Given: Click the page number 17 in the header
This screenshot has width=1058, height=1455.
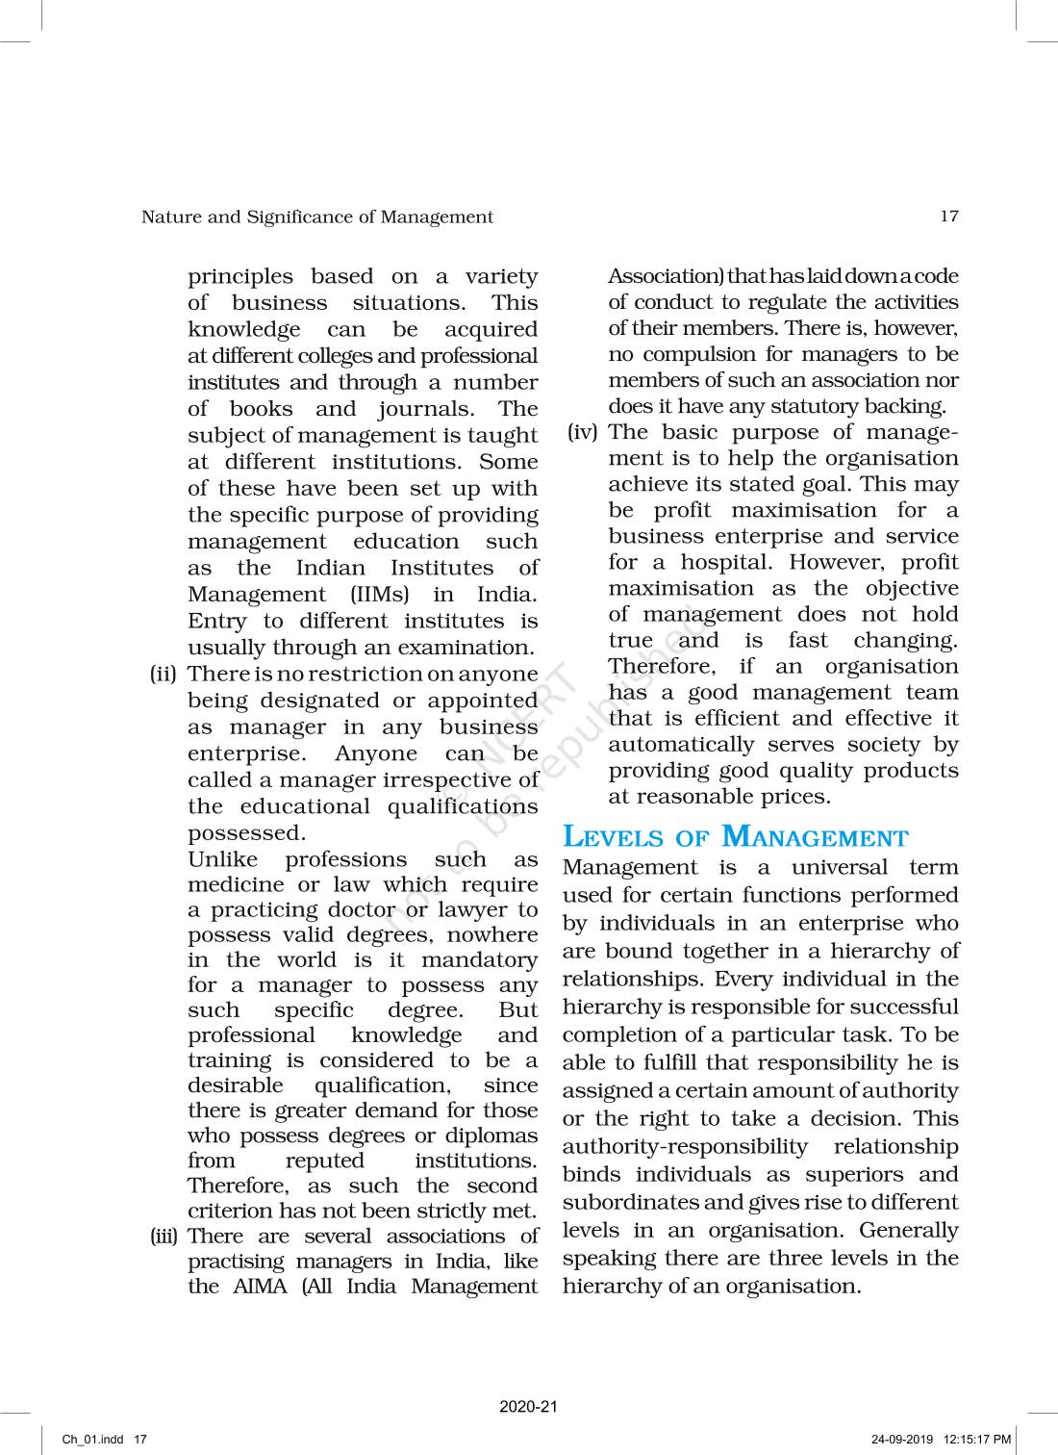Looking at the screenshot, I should click(948, 217).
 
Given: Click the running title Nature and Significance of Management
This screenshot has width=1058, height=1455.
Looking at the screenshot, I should click(316, 217).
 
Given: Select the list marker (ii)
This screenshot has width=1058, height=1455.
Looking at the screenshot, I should click(164, 674).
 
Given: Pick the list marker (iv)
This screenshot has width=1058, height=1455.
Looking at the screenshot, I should click(582, 432).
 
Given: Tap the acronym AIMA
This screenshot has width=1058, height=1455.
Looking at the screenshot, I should click(260, 1287).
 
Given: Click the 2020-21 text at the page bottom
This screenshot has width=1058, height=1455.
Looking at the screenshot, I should click(528, 1407).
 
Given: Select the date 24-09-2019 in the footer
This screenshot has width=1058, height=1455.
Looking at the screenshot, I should click(902, 1440).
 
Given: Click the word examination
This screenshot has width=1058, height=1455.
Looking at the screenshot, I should click(466, 648).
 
